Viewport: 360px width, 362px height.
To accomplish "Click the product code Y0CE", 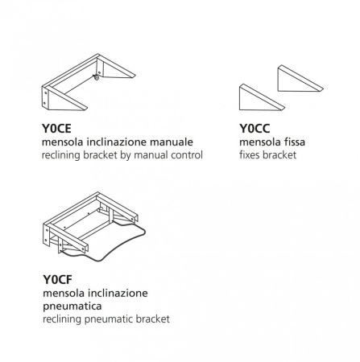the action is point(56,129).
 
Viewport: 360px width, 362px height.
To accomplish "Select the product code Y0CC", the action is point(254,129).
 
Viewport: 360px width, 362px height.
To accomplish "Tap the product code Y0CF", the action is point(57,280).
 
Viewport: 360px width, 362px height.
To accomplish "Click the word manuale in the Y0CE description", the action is point(172,142).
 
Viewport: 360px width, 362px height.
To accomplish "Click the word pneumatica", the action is point(72,306).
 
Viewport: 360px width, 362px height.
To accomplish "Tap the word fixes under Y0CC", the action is point(250,155).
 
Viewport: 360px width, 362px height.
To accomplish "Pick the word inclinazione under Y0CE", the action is point(117,142).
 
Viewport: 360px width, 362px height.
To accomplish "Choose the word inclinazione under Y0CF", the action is point(118,293).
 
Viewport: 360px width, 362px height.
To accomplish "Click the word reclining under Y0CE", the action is point(61,155).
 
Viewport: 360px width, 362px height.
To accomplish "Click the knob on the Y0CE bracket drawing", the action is point(96,77).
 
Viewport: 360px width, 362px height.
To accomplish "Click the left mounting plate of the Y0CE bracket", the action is point(45,98).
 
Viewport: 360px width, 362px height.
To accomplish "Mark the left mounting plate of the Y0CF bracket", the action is point(46,236).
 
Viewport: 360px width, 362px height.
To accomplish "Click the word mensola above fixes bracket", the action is point(258,142).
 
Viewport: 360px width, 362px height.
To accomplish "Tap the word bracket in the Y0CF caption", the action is point(153,319).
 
